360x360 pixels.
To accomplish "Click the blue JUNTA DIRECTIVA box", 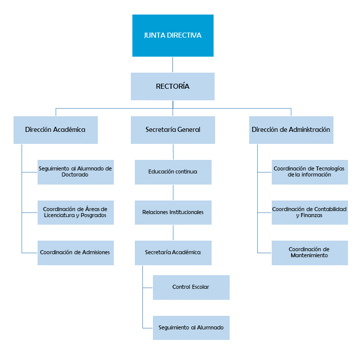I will (x=172, y=36).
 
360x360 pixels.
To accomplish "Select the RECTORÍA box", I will (x=172, y=86).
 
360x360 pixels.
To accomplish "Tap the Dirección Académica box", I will (x=55, y=130).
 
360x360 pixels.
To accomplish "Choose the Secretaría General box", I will (x=172, y=130).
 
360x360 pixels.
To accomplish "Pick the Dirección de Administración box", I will (x=291, y=130).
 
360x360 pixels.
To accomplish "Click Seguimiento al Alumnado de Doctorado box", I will (x=75, y=172).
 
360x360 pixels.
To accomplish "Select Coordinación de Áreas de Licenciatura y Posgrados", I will (x=75, y=212).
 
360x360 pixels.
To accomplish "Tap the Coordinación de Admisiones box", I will (x=75, y=253).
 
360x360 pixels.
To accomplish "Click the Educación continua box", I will (x=173, y=172).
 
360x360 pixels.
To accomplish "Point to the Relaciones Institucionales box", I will (x=173, y=212).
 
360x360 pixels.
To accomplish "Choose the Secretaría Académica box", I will (x=173, y=253).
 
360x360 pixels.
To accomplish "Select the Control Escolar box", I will (x=191, y=287).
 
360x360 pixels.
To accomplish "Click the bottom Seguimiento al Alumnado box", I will (x=191, y=328).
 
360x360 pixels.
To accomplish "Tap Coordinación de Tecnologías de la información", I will (x=309, y=172).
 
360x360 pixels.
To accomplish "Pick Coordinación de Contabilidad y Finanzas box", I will (x=309, y=212).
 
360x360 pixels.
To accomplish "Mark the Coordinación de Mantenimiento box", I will (x=309, y=253).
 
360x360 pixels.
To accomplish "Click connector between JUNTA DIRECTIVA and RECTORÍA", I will (x=173, y=65).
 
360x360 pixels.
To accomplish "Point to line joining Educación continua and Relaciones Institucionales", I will (x=173, y=193).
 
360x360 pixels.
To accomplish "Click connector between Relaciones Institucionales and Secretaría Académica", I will (x=173, y=233).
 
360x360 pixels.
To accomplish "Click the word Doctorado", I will (x=75, y=175).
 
